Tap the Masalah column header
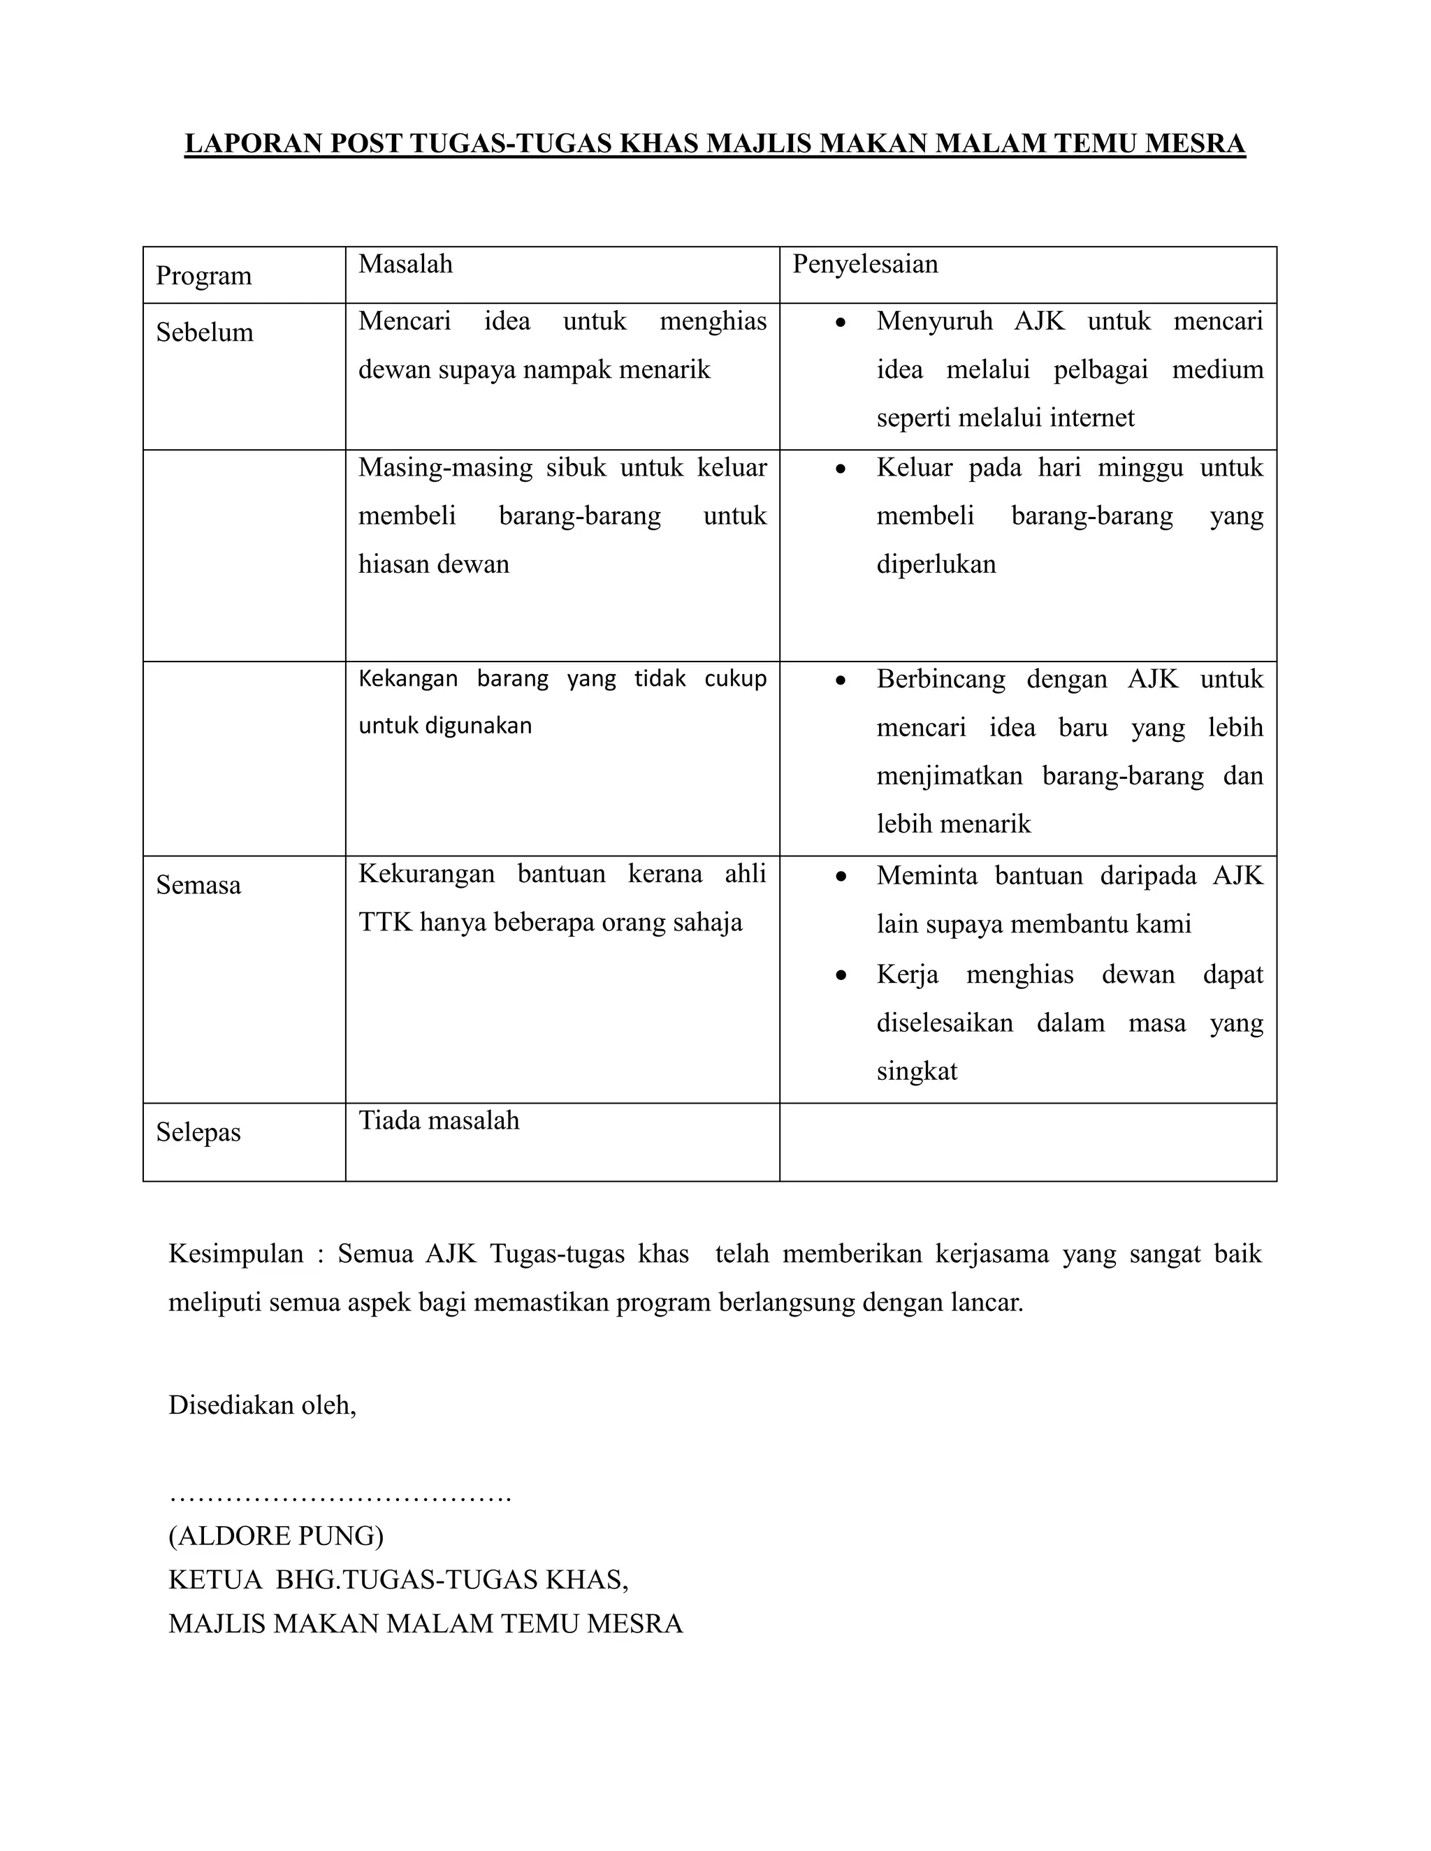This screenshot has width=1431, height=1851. (x=405, y=265)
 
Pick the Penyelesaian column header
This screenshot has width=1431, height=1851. (x=865, y=265)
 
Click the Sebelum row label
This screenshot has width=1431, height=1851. (x=204, y=332)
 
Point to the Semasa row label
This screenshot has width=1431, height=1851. (x=198, y=886)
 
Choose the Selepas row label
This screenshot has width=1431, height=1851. (x=198, y=1132)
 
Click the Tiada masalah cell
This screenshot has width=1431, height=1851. (x=438, y=1120)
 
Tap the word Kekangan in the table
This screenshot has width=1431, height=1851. (x=408, y=679)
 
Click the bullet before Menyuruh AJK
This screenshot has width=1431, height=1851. (x=840, y=323)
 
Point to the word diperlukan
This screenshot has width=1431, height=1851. (x=936, y=564)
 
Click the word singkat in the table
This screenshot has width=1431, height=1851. (x=917, y=1071)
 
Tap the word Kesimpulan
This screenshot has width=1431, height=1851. (x=235, y=1254)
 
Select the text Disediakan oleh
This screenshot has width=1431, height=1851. (x=262, y=1405)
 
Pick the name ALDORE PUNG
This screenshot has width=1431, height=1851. (x=275, y=1536)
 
